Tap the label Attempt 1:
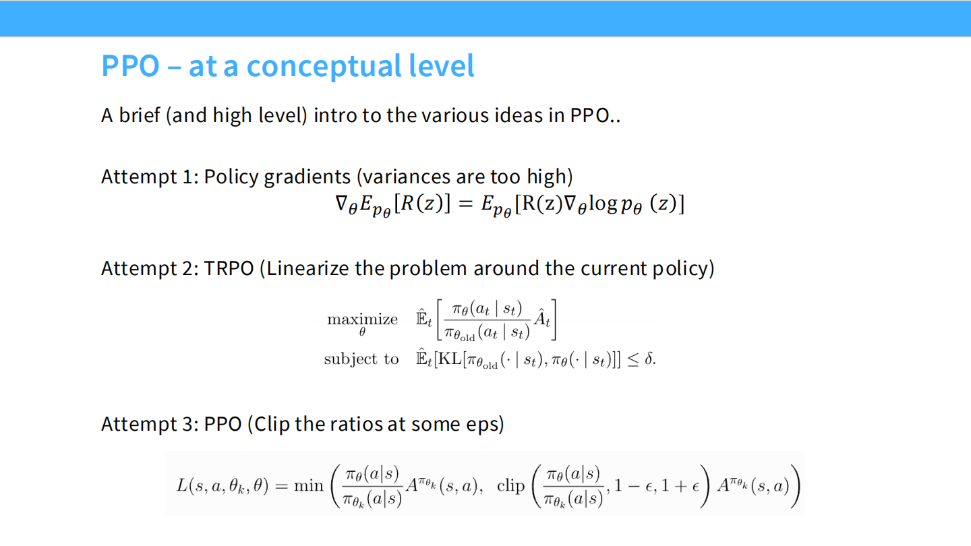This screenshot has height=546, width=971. pos(149,177)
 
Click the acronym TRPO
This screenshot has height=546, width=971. pos(229,268)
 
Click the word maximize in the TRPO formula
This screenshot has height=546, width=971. pos(362,320)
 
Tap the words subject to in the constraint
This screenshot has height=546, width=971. pos(361,359)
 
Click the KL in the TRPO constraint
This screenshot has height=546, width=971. pos(449,359)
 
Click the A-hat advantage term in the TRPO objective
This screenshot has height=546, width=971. pos(541,320)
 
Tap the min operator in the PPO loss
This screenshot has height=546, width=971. pos(309,486)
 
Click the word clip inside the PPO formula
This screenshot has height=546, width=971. pos(510,486)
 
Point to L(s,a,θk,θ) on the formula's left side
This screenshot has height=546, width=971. pos(222,486)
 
